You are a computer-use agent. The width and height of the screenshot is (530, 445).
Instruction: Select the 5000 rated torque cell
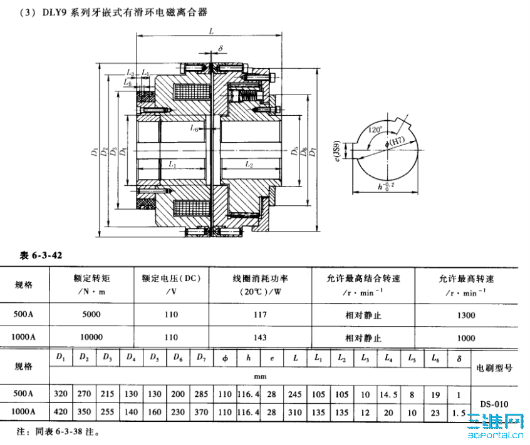click(x=91, y=315)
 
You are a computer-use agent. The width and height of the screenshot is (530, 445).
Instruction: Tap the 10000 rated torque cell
click(x=91, y=337)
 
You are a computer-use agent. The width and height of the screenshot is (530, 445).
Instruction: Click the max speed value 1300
click(x=466, y=315)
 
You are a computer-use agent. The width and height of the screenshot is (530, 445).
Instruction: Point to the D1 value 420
click(x=61, y=414)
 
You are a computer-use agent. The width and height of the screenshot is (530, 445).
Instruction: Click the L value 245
click(x=296, y=395)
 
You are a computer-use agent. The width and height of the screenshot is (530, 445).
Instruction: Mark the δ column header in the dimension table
click(x=460, y=358)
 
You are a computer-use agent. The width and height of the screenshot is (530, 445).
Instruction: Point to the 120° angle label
click(x=375, y=130)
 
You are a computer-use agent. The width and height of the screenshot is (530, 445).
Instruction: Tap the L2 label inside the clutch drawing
click(x=249, y=165)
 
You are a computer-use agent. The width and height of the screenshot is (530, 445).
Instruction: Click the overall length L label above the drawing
click(x=212, y=31)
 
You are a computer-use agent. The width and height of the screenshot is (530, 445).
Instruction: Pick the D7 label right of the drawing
click(x=313, y=152)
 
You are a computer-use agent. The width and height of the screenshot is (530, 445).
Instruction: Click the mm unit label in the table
click(x=260, y=377)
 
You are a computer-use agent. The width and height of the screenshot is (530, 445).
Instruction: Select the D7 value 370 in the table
click(x=202, y=414)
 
